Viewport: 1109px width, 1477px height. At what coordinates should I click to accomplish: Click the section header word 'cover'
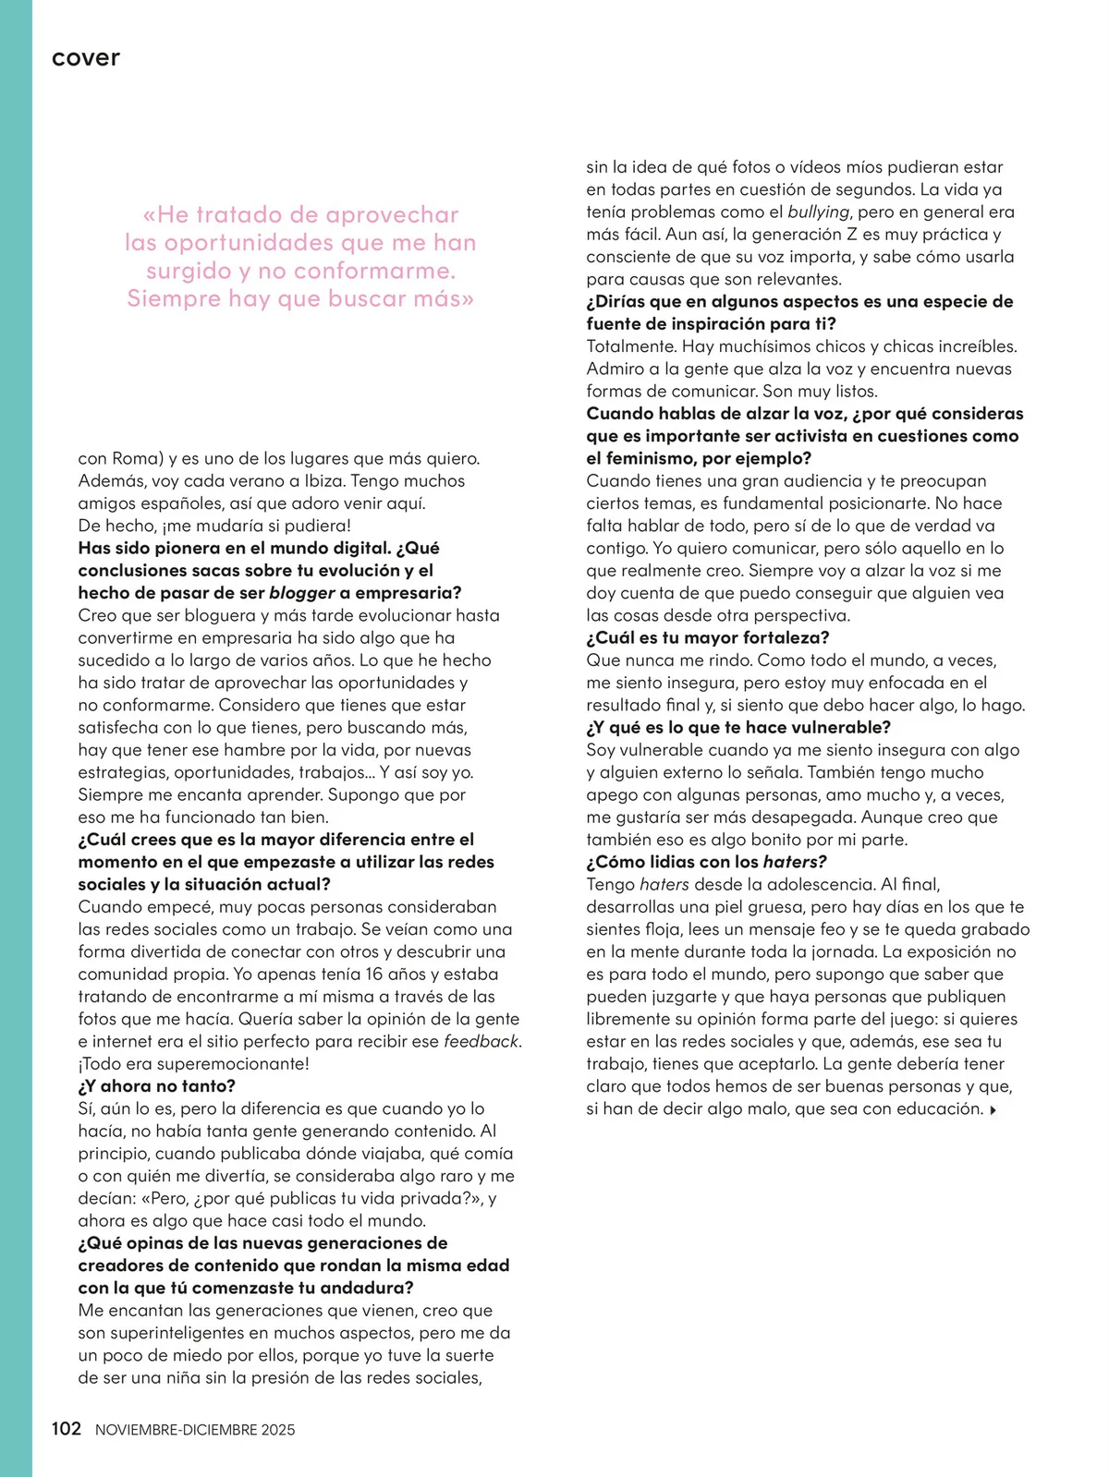pyautogui.click(x=86, y=58)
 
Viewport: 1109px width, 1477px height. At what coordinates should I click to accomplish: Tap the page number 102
pyautogui.click(x=67, y=1429)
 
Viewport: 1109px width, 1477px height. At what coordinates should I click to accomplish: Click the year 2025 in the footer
pyautogui.click(x=277, y=1430)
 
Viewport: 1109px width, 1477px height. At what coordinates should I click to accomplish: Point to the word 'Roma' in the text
pyautogui.click(x=137, y=458)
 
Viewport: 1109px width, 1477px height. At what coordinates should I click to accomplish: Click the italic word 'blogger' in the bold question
pyautogui.click(x=301, y=593)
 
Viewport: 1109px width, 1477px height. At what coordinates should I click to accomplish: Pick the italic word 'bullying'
pyautogui.click(x=818, y=212)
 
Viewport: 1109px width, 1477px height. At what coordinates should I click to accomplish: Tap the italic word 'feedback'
pyautogui.click(x=481, y=1041)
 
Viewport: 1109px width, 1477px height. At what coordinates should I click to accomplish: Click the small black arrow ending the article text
pyautogui.click(x=993, y=1109)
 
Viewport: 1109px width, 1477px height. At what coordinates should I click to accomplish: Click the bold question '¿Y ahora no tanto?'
pyautogui.click(x=157, y=1085)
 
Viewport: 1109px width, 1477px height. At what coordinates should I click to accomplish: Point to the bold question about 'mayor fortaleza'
pyautogui.click(x=708, y=637)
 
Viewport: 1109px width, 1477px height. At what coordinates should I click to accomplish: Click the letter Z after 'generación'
pyautogui.click(x=852, y=235)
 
